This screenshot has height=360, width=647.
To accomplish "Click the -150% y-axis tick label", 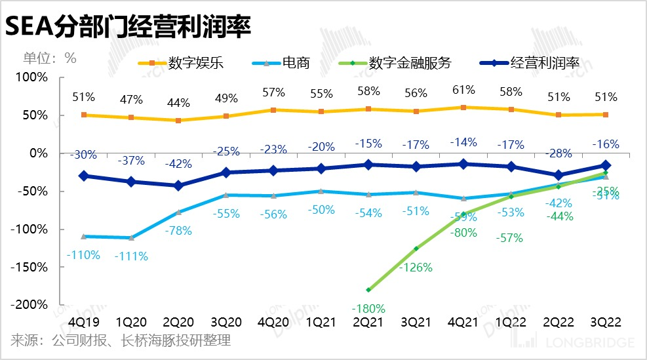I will coord(30,268).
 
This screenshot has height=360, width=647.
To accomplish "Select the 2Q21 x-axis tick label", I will coord(368,323).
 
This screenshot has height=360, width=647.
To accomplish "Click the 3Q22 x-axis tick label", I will coord(605,323).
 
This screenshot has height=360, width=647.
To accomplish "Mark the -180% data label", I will coord(368,308).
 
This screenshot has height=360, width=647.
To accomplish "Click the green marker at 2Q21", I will coord(368,289).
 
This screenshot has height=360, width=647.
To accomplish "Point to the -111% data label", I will coord(132,256).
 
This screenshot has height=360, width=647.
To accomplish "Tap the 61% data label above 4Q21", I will coord(463,89).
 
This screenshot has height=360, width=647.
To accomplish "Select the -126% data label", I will coord(416,267).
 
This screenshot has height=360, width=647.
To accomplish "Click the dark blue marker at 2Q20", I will coord(178,186).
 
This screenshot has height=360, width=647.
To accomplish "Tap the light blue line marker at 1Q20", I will coord(132,237).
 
